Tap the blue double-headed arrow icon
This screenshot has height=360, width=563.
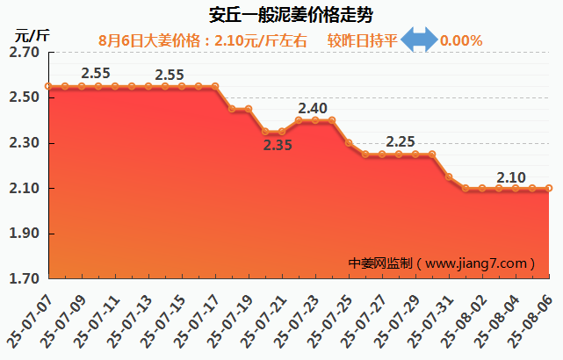point(419,40)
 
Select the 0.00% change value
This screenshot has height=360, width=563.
point(461,40)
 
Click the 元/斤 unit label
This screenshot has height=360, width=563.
point(32,36)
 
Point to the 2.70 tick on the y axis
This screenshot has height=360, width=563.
point(24,53)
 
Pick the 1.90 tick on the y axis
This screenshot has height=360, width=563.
point(24,234)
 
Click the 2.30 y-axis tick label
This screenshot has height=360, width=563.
point(24,143)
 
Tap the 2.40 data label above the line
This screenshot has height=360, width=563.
point(313,109)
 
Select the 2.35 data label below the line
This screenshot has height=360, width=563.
point(278,145)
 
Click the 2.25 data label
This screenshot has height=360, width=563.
point(401,141)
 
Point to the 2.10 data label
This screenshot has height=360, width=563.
point(511,177)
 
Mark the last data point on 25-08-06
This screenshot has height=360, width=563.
point(549,188)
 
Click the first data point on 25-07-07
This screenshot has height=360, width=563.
point(48,86)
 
